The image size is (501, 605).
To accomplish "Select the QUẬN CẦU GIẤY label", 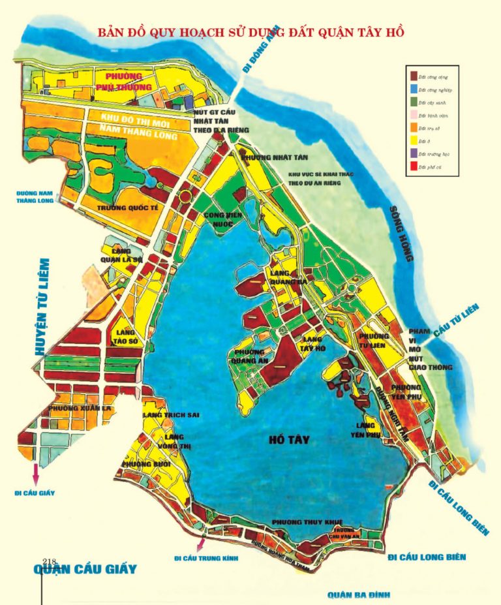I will coord(85,568).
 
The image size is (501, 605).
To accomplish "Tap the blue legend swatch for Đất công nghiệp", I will coord(414,89).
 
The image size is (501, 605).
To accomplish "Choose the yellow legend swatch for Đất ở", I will coord(414,140).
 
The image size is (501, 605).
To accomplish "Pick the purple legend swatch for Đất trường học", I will coord(414,153).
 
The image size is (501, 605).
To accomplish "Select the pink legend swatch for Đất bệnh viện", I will coord(414,115).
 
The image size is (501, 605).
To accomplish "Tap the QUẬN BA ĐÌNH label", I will coord(356,595).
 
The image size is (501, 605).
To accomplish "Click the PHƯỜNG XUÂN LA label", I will coord(68,409).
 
